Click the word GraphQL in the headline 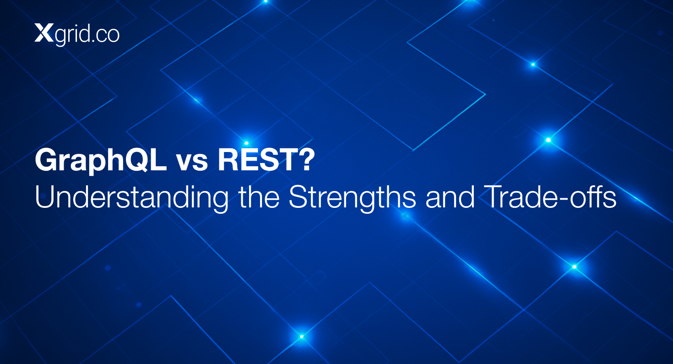click(x=101, y=161)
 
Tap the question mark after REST click(x=306, y=160)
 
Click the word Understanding click(x=131, y=198)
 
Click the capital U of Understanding click(x=44, y=197)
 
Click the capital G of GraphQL click(x=46, y=160)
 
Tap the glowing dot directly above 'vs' click(x=246, y=143)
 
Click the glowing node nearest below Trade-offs click(x=575, y=267)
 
